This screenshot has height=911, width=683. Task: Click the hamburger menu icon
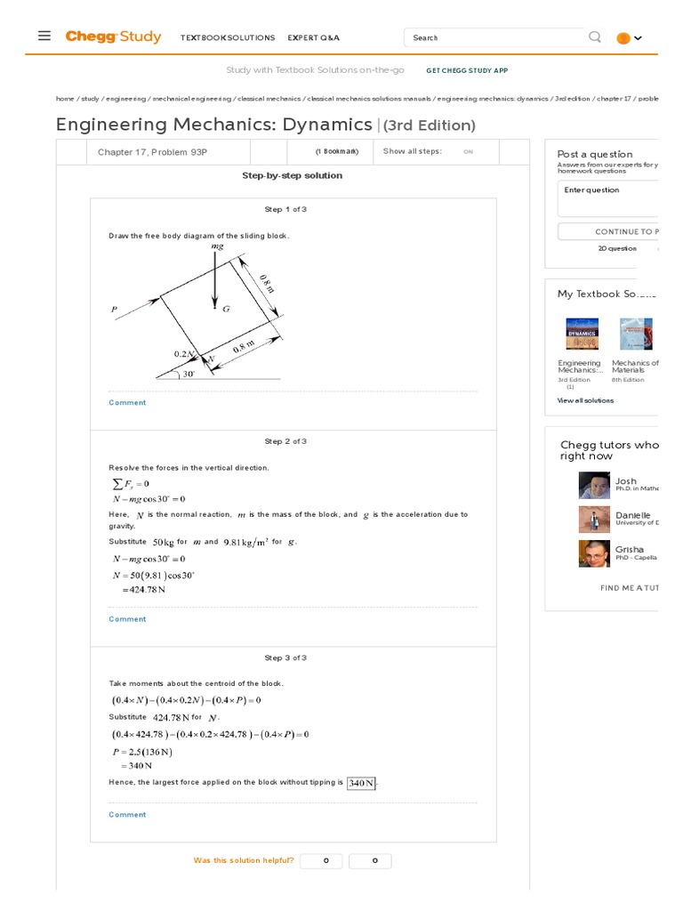pos(44,36)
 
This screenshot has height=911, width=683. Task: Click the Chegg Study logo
pos(113,36)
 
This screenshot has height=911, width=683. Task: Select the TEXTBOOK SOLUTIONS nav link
pos(228,38)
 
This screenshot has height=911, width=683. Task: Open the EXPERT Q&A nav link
pos(313,38)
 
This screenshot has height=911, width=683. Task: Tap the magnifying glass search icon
pos(595,37)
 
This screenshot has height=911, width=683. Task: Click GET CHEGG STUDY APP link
pos(467,70)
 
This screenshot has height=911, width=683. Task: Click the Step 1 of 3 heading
pos(285,209)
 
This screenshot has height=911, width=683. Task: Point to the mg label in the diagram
pos(217,246)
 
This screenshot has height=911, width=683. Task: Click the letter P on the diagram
pos(114,310)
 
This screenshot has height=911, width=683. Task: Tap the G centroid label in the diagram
pos(226,309)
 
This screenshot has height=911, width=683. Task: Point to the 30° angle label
pos(189,375)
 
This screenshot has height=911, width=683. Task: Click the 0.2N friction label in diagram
pos(185,353)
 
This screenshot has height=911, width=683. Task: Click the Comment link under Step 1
pos(127,403)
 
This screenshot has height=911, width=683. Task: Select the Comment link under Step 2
pos(127,619)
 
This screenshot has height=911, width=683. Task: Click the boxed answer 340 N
pos(362,783)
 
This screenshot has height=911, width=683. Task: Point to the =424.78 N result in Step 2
pos(145,588)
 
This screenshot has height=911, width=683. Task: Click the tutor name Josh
pos(626,481)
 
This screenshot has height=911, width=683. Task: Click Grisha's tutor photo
pos(594,553)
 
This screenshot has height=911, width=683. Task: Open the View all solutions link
pos(585,400)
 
